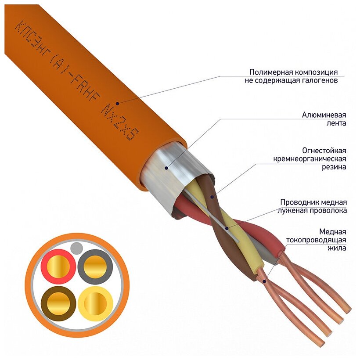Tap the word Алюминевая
324,115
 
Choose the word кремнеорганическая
310,158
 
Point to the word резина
333,167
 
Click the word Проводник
299,202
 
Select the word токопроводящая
316,240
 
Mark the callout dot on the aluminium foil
166,167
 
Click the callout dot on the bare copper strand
264,279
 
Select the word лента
337,123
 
